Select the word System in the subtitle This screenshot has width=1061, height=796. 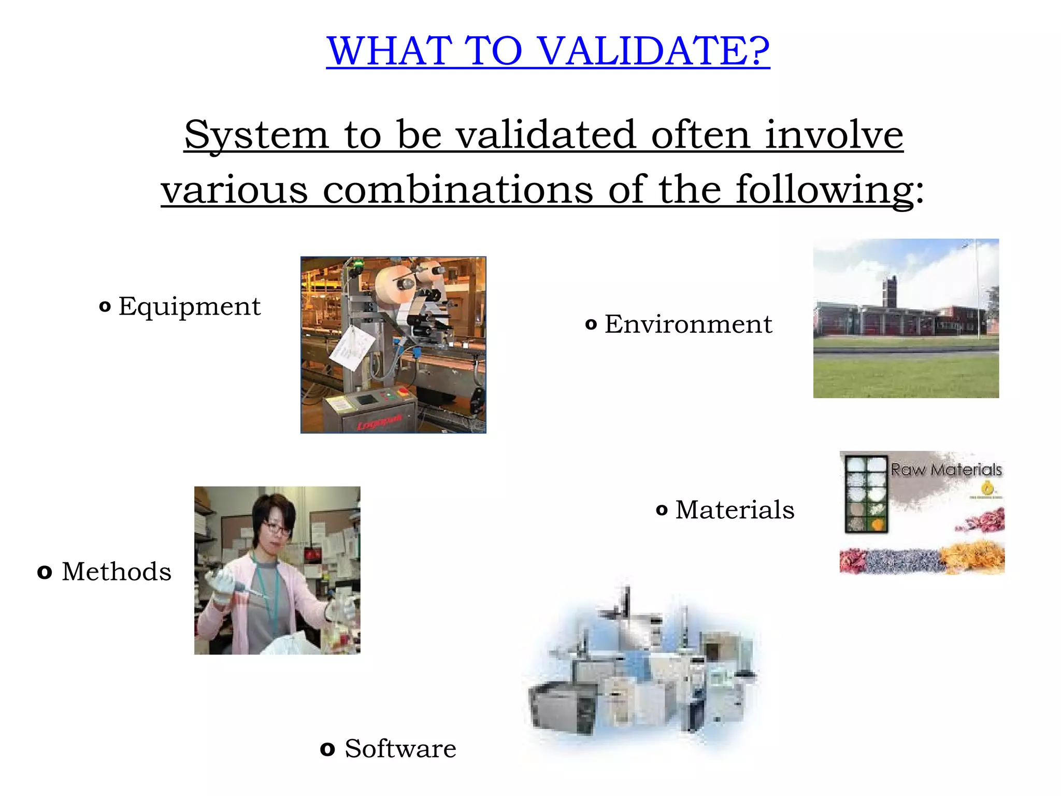click(x=256, y=135)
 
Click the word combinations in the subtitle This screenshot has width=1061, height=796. click(x=457, y=190)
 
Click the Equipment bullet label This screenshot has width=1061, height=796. click(x=189, y=306)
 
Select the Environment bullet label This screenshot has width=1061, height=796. click(x=688, y=324)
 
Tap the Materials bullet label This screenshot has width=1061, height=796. click(x=734, y=509)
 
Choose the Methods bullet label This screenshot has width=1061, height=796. click(x=117, y=572)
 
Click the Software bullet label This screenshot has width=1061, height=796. click(x=400, y=749)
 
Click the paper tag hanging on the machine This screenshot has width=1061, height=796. click(x=352, y=347)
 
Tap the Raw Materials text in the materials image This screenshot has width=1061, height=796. click(x=946, y=470)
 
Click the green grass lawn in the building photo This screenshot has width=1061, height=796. click(x=906, y=376)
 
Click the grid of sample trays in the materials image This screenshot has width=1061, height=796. click(x=866, y=494)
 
